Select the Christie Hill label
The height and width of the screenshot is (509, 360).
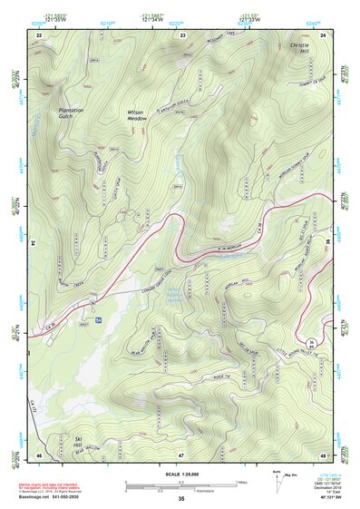tap(299, 49)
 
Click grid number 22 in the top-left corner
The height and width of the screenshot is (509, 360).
tap(39, 34)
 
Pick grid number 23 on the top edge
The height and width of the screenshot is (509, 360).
tap(182, 34)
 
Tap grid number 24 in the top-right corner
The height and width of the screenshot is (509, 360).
tap(322, 34)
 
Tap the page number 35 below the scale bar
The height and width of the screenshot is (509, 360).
tap(180, 499)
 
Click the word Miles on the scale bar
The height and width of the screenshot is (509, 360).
tap(241, 482)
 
